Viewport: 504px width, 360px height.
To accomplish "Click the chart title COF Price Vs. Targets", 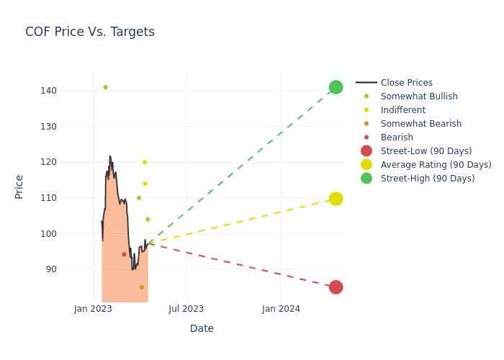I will click(x=90, y=32).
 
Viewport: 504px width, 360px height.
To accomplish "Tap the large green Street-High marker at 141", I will click(x=336, y=87).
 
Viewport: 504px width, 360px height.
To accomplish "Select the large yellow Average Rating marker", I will click(x=336, y=199).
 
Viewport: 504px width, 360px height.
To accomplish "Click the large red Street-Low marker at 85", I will click(x=336, y=287).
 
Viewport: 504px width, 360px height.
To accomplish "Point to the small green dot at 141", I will click(x=105, y=87).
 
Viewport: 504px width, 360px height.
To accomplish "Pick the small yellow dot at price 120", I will click(x=145, y=162).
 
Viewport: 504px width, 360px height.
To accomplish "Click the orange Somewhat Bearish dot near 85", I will click(x=141, y=287).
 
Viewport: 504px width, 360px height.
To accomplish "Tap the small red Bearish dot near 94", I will click(x=124, y=254).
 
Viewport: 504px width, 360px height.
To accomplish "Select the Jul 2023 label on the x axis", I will click(x=186, y=309).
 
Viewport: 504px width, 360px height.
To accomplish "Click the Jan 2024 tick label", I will click(x=281, y=309).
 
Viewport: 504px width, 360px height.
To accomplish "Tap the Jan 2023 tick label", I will click(x=93, y=309).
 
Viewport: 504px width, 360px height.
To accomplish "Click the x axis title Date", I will click(x=202, y=328).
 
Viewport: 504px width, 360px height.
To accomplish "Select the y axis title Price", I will click(x=19, y=186).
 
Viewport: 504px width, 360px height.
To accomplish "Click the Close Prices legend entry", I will click(x=406, y=83).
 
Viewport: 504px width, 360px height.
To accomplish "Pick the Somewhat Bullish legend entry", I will click(x=419, y=96).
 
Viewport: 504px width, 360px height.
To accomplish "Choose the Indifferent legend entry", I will click(x=402, y=110).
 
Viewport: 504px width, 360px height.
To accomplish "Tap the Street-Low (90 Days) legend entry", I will click(x=426, y=151).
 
